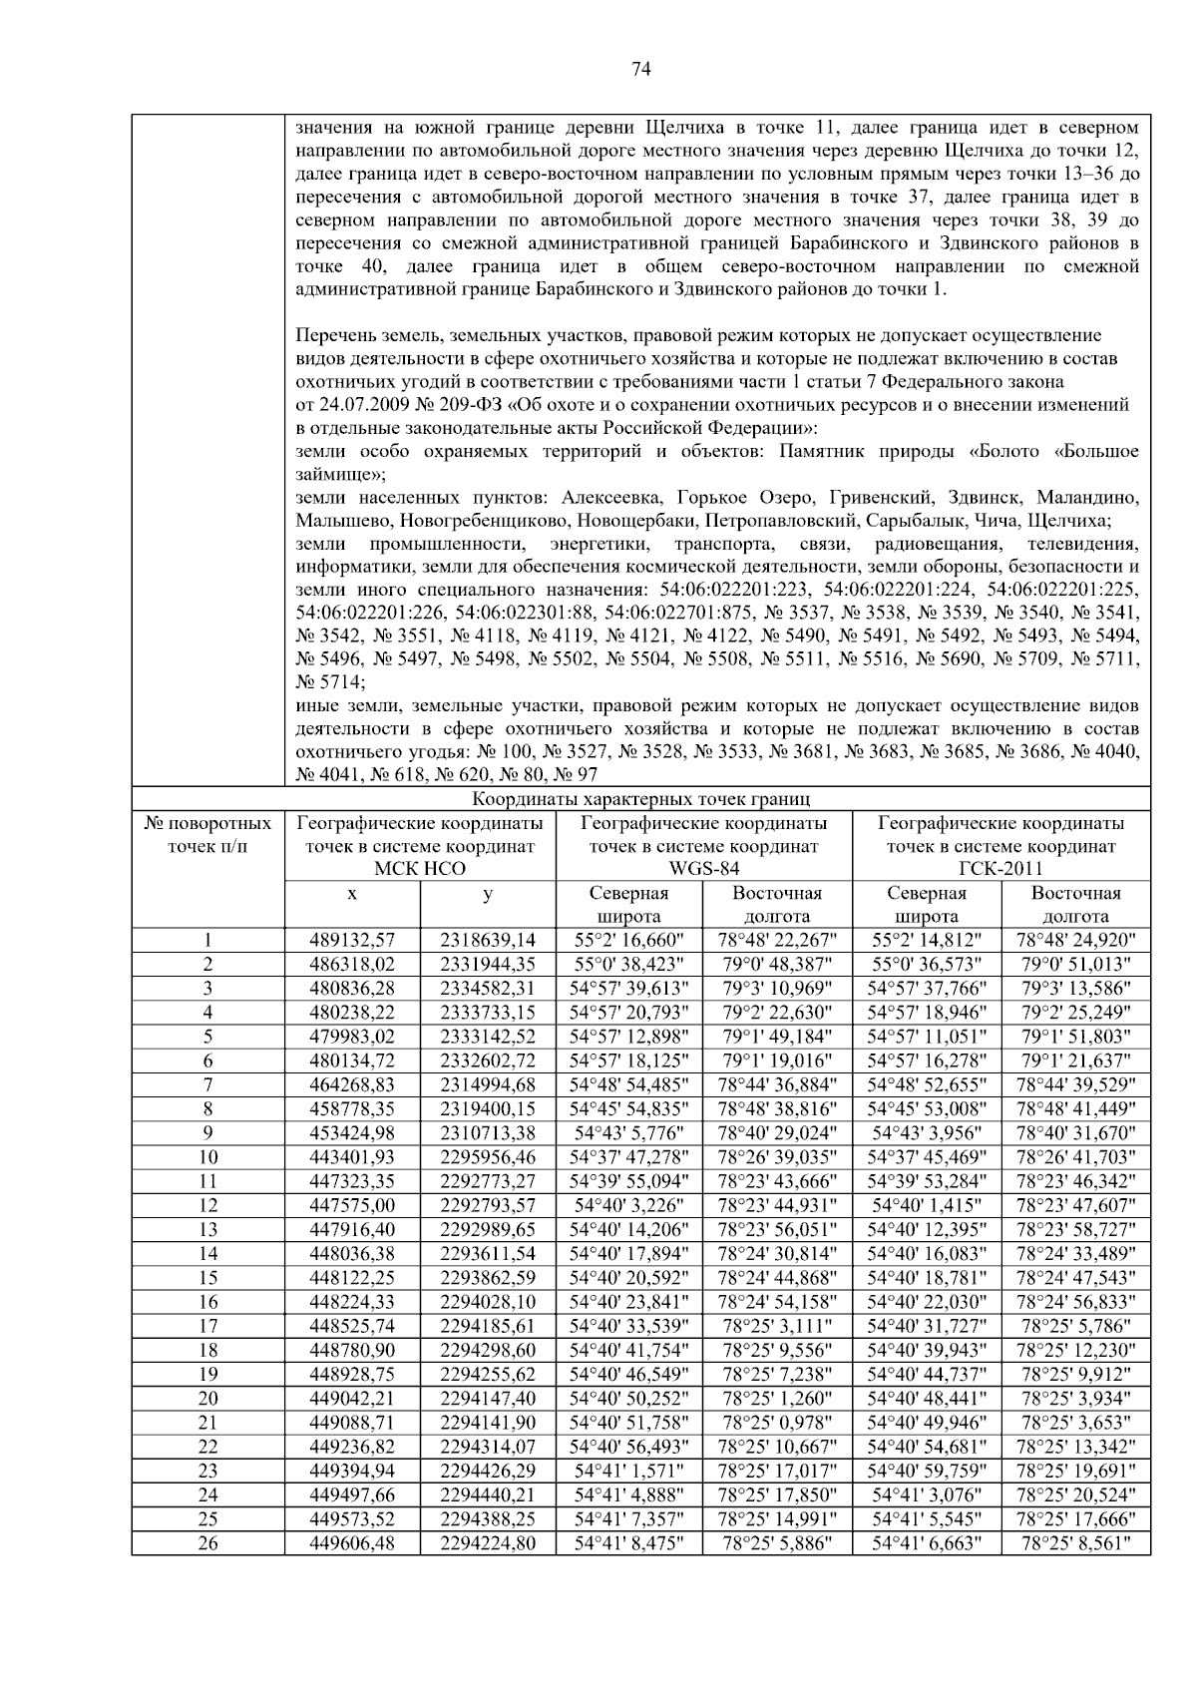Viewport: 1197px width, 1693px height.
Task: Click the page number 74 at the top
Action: pos(641,69)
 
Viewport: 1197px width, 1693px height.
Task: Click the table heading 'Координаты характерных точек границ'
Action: pos(640,799)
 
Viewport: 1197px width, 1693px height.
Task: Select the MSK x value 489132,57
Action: pos(352,940)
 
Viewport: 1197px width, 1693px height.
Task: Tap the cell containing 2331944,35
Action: pos(488,964)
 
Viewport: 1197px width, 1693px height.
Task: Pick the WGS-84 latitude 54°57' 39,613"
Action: pos(628,988)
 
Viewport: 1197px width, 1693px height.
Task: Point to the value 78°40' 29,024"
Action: pos(777,1132)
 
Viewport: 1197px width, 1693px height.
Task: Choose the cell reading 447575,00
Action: pos(352,1205)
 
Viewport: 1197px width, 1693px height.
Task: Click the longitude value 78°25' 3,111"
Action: pos(777,1326)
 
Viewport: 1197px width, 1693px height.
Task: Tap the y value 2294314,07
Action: pos(488,1447)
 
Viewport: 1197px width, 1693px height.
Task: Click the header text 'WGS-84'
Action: pos(703,869)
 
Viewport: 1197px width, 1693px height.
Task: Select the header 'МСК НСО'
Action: pos(419,869)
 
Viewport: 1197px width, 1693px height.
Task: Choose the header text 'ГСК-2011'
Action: pos(1000,869)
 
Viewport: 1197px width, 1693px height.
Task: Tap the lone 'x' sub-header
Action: pos(352,894)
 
